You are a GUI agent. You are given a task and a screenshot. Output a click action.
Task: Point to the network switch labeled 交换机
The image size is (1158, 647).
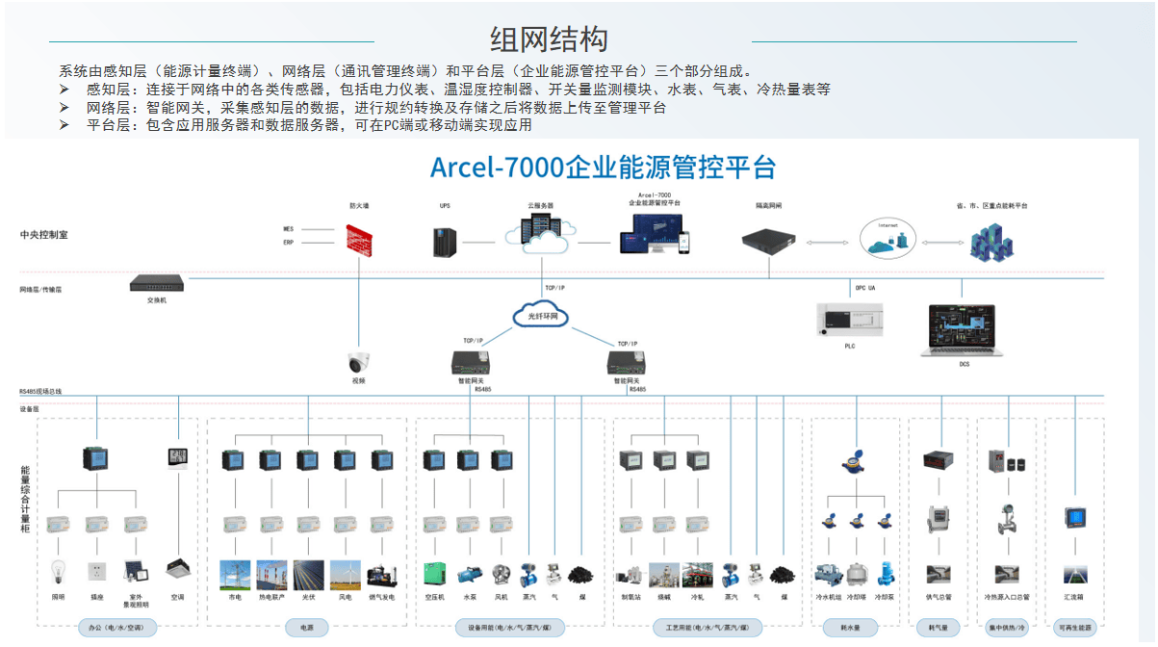point(157,284)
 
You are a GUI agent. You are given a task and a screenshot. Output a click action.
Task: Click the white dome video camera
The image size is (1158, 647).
point(359,363)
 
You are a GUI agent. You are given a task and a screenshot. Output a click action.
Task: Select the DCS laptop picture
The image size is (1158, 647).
point(965,330)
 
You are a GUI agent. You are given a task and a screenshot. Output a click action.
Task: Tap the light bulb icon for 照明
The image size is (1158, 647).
point(58,572)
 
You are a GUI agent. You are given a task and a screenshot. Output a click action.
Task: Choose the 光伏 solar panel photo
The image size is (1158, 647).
point(308,575)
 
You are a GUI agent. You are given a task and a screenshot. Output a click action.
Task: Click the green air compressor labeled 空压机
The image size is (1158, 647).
point(434,574)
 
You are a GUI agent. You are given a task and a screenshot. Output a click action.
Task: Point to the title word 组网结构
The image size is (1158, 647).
point(549,40)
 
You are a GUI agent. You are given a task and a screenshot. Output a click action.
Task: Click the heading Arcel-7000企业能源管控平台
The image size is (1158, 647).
point(603,167)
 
